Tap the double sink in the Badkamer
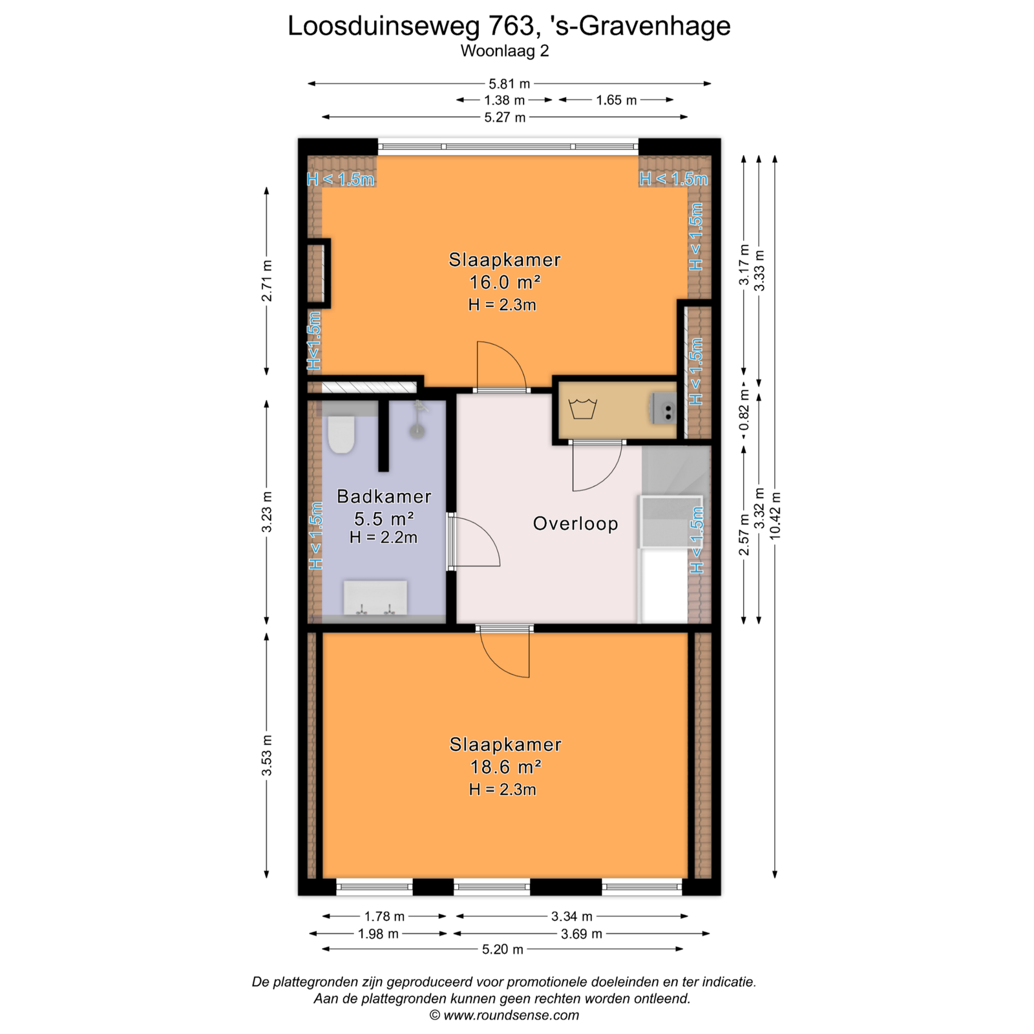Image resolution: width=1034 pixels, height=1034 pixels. (375, 598)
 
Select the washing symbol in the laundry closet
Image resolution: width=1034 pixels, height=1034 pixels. (582, 409)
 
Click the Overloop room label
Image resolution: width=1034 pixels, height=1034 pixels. (575, 523)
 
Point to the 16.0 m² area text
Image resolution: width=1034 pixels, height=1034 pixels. (505, 282)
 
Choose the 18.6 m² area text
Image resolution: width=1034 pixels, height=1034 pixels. (505, 767)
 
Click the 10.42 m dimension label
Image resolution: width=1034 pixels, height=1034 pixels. (775, 515)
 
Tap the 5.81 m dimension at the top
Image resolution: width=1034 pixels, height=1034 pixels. (509, 83)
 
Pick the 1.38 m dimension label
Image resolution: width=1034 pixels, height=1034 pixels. (505, 100)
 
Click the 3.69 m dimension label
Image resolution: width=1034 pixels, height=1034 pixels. (582, 933)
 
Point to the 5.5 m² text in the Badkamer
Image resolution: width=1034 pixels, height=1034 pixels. (384, 519)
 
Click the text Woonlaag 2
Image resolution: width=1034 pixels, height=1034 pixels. (505, 50)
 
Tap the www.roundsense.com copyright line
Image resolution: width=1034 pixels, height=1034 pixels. (504, 1015)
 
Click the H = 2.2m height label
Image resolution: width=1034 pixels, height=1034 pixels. (383, 537)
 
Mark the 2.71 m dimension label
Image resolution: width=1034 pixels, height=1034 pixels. (266, 281)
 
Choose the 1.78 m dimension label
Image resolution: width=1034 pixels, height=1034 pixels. (385, 916)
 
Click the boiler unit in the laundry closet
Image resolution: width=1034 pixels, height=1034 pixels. (664, 408)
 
